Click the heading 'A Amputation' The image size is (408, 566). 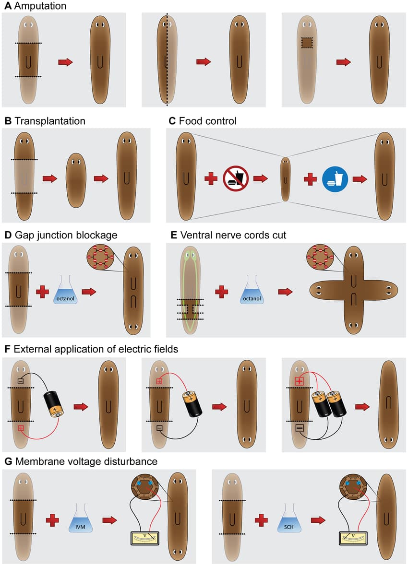pos(35,6)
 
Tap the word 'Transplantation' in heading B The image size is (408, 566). pos(50,121)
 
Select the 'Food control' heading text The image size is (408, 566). pos(208,121)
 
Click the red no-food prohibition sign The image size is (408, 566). pos(236,178)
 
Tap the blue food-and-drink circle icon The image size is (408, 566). pos(335,179)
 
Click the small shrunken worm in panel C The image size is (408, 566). pos(286,179)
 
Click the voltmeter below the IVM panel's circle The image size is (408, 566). pos(144,538)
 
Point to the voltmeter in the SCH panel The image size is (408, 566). pos(353,538)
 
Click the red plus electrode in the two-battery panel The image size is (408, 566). pos(299,381)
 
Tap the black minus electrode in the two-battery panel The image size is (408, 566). pos(299,428)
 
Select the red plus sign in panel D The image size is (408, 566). pos(42,292)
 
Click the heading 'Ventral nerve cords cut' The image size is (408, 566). pos(233,236)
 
